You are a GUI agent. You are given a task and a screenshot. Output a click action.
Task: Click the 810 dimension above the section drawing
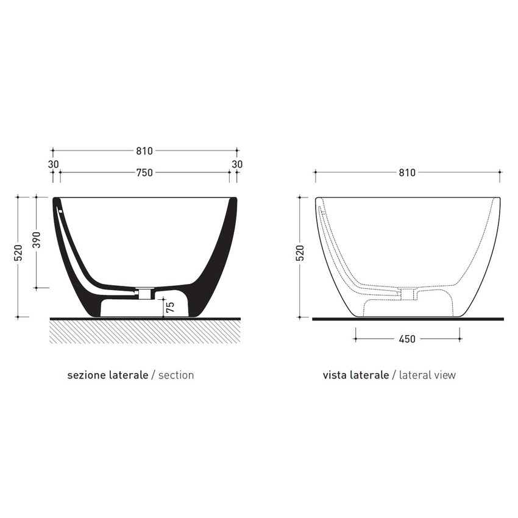click(144, 151)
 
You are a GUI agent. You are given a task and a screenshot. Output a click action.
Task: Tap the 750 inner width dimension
click(144, 173)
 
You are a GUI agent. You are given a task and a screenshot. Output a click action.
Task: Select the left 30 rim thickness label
click(53, 164)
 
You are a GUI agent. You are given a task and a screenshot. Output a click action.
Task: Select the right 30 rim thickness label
click(237, 164)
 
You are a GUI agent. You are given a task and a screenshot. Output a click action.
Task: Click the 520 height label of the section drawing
click(18, 253)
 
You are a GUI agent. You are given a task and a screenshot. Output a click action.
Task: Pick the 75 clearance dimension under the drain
click(170, 307)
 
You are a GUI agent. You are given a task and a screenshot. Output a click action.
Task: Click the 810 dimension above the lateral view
click(407, 173)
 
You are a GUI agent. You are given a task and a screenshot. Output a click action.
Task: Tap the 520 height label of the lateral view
click(300, 253)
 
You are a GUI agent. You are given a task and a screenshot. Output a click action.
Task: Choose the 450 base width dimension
click(407, 339)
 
